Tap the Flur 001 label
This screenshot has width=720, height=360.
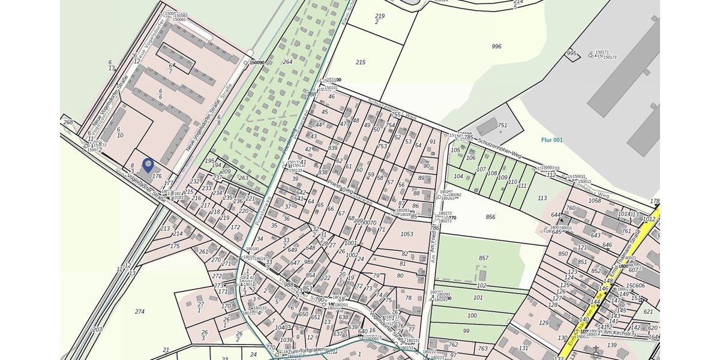[551, 140]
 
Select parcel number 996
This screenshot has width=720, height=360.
[496, 46]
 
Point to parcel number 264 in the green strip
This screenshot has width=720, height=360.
[287, 62]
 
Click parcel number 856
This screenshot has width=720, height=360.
[490, 217]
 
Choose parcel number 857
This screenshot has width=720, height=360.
[484, 258]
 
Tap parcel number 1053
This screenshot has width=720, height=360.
[407, 234]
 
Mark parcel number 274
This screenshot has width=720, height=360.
[140, 311]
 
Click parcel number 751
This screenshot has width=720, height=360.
[502, 125]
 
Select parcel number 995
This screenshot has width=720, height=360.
[571, 53]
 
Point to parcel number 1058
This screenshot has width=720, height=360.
[595, 200]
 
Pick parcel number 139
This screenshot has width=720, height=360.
[611, 344]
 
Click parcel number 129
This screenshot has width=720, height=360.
[544, 323]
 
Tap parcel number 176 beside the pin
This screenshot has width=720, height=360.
[157, 176]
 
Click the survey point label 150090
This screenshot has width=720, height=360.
[257, 62]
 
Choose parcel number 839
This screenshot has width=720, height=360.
[333, 148]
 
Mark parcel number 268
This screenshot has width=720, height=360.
[68, 122]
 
